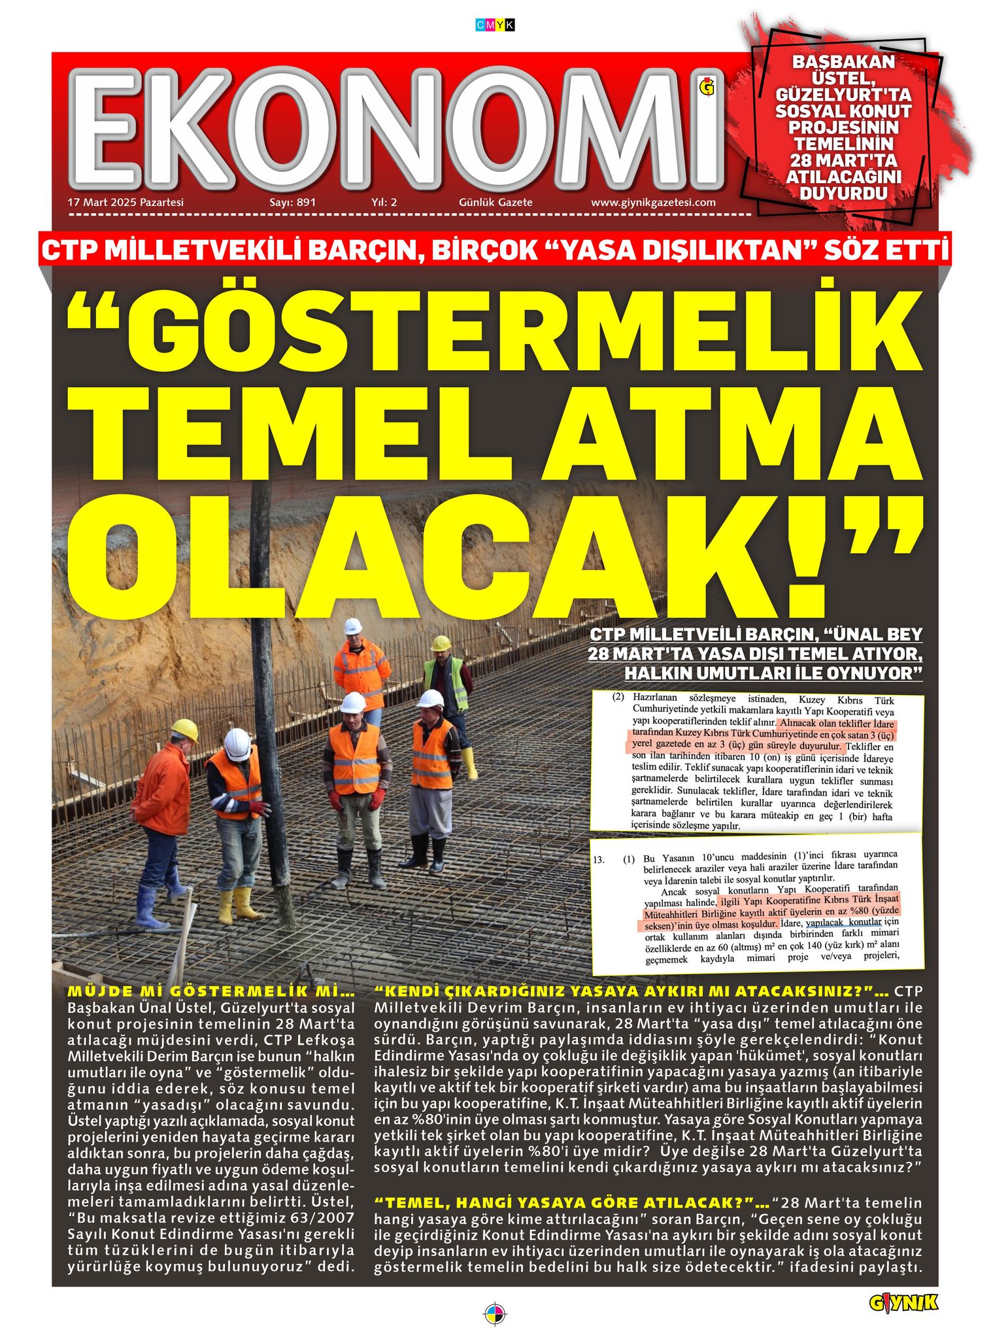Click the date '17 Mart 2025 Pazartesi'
(126, 203)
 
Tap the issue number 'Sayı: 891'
(292, 203)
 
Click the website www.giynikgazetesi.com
(653, 203)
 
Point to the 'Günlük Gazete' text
(495, 203)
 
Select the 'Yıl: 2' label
(384, 203)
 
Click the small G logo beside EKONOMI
(707, 87)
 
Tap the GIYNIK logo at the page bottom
(903, 1303)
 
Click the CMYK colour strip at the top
(495, 25)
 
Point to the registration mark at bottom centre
(495, 1314)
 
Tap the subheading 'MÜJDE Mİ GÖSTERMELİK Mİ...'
(210, 992)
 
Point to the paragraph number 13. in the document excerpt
(599, 860)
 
